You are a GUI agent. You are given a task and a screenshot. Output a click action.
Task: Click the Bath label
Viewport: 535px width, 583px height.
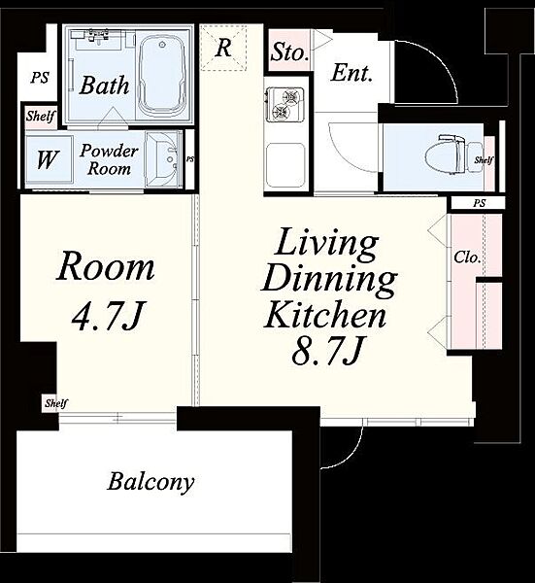pyautogui.click(x=105, y=86)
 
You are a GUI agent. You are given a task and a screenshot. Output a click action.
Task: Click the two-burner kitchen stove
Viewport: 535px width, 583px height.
pyautogui.click(x=285, y=103)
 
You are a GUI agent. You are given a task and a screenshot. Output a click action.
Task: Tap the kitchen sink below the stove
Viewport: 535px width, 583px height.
pyautogui.click(x=285, y=166)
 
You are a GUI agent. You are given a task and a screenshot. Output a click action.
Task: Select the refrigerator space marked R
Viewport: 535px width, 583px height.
pyautogui.click(x=223, y=48)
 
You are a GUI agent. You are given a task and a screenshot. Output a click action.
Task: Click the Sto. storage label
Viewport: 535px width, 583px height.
pyautogui.click(x=289, y=52)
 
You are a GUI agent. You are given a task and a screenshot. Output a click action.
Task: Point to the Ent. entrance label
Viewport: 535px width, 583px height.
pyautogui.click(x=351, y=73)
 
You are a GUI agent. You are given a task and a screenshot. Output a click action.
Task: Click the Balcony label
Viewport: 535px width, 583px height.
pyautogui.click(x=150, y=482)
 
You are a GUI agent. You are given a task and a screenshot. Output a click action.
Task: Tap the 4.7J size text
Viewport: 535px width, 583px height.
pyautogui.click(x=107, y=316)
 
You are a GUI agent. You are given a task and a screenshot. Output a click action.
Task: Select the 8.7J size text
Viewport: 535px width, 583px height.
pyautogui.click(x=327, y=351)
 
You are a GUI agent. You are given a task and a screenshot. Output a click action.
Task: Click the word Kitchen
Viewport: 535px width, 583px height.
pyautogui.click(x=325, y=315)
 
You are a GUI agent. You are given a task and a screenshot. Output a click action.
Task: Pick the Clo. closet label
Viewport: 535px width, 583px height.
pyautogui.click(x=467, y=257)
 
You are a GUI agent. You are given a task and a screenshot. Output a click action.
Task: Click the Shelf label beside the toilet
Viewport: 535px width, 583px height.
pyautogui.click(x=484, y=160)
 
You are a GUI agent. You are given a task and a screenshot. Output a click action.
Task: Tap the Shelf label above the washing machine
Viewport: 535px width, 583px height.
pyautogui.click(x=41, y=117)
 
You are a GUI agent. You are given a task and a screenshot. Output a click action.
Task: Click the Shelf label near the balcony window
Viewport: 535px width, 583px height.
pyautogui.click(x=56, y=403)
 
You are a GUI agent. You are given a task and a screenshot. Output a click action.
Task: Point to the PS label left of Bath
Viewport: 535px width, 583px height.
pyautogui.click(x=40, y=78)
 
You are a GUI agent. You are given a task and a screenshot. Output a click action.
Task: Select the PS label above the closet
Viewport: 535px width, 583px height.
pyautogui.click(x=480, y=203)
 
